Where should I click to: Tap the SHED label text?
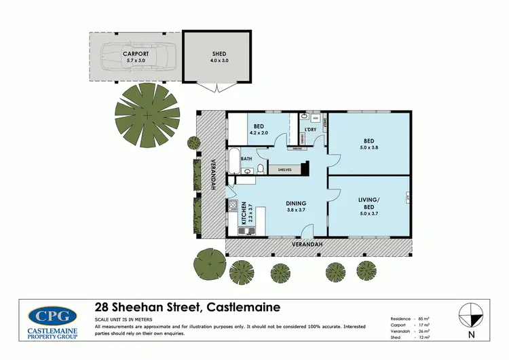pyautogui.click(x=219, y=54)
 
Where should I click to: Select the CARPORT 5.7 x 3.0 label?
pyautogui.click(x=136, y=56)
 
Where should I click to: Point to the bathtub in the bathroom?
pyautogui.click(x=233, y=160)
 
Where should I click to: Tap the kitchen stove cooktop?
pyautogui.click(x=232, y=204)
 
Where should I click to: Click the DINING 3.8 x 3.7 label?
pyautogui.click(x=296, y=206)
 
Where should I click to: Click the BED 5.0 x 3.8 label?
pyautogui.click(x=369, y=146)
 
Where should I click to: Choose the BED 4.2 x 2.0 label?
pyautogui.click(x=259, y=130)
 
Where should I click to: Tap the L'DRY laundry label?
pyautogui.click(x=311, y=130)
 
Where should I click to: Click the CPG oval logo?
pyautogui.click(x=53, y=315)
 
